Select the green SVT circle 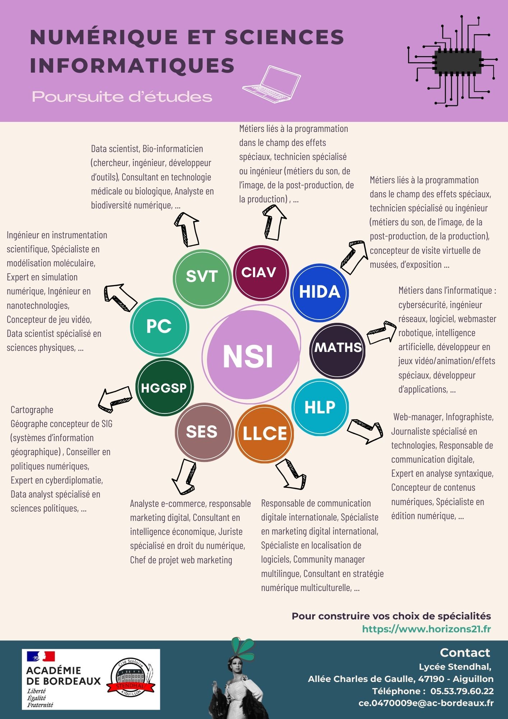pos(202,276)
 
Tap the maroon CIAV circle pos(261,273)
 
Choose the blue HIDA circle pos(319,292)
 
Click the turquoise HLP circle pos(320,407)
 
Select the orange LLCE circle pos(265,433)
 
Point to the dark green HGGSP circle pos(164,388)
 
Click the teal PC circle pos(159,326)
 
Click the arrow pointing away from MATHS pos(381,333)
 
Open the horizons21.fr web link pos(426,629)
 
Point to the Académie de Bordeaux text pos(64,676)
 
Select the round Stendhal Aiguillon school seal pos(131,678)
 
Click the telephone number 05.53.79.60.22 pos(462,691)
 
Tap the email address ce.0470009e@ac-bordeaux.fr pos(426,703)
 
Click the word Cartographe pos(32,409)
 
